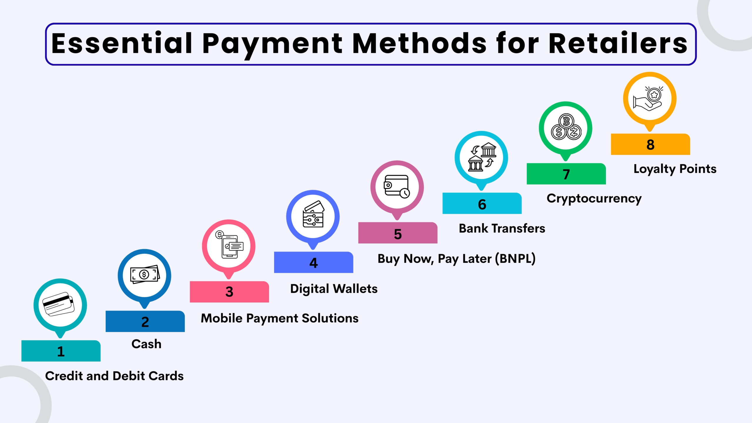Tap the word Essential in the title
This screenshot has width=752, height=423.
tap(122, 43)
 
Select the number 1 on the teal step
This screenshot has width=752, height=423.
tap(61, 351)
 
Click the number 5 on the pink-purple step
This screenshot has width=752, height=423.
tap(398, 234)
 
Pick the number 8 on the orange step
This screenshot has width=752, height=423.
tap(650, 145)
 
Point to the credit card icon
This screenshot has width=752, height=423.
tap(58, 304)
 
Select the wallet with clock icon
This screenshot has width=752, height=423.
tap(397, 187)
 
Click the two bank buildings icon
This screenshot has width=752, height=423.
tap(482, 157)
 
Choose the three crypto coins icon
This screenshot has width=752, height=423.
tap(566, 127)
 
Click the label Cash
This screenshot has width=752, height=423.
tap(146, 344)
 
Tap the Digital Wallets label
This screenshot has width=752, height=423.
tap(334, 289)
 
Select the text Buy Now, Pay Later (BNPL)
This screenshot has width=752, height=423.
tap(456, 259)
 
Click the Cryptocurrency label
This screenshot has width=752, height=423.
tap(594, 199)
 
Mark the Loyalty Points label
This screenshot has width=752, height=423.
tap(675, 169)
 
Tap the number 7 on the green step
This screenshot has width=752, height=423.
tap(566, 174)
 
